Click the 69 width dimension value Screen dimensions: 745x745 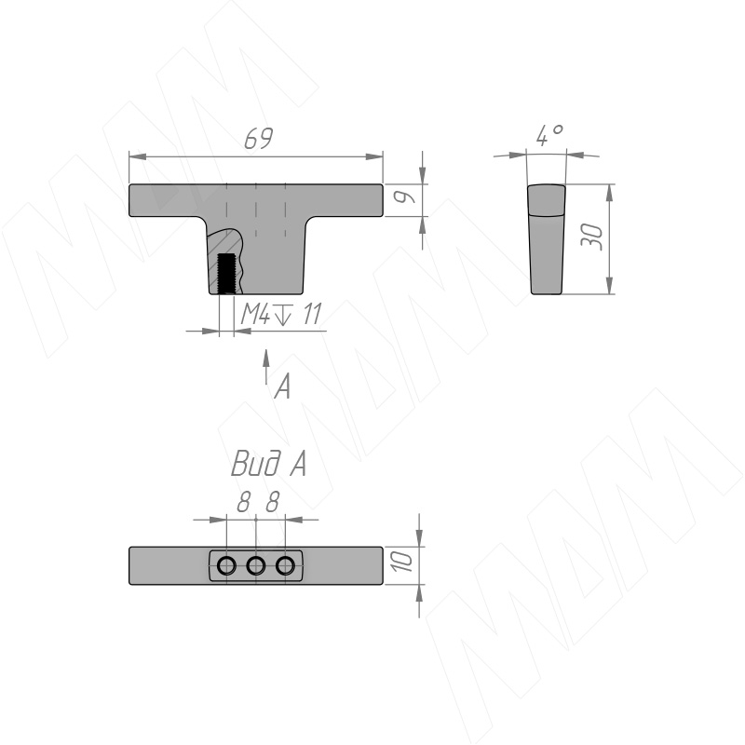[x=259, y=138]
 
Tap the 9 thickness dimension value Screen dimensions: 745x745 [x=405, y=197]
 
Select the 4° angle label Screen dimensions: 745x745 [x=549, y=135]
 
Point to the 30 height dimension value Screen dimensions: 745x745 [x=592, y=237]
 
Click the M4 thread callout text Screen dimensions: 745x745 [x=256, y=314]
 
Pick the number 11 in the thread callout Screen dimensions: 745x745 [x=312, y=314]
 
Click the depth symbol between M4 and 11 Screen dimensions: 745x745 [x=283, y=315]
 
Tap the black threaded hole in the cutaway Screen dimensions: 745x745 [x=226, y=274]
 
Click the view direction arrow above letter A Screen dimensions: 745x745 [x=266, y=366]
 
